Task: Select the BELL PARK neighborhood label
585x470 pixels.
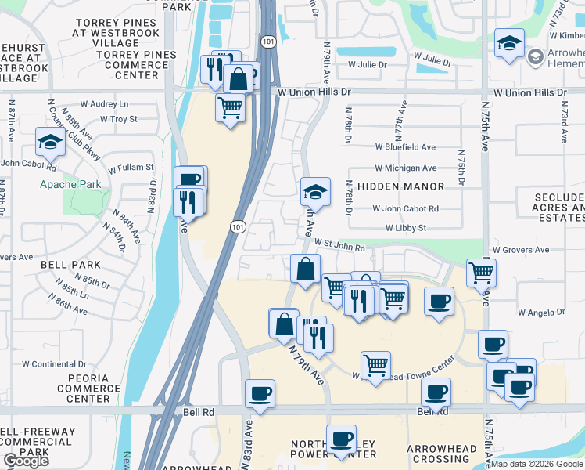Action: coord(71,265)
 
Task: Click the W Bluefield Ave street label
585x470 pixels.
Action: coord(405,146)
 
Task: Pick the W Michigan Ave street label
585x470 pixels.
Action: coord(405,168)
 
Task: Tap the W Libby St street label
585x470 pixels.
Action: coord(405,228)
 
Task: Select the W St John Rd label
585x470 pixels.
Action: coord(340,248)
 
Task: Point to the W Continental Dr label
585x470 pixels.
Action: coord(53,363)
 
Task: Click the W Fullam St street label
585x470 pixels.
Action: coord(131,168)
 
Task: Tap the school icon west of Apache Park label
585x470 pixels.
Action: coord(49,143)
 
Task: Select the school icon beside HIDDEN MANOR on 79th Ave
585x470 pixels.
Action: coord(315,191)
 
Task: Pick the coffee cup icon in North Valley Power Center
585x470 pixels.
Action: coord(340,439)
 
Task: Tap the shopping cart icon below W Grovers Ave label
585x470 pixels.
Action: coord(481,273)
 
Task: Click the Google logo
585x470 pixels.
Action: coord(26,461)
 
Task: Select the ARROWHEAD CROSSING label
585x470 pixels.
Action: coord(442,454)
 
